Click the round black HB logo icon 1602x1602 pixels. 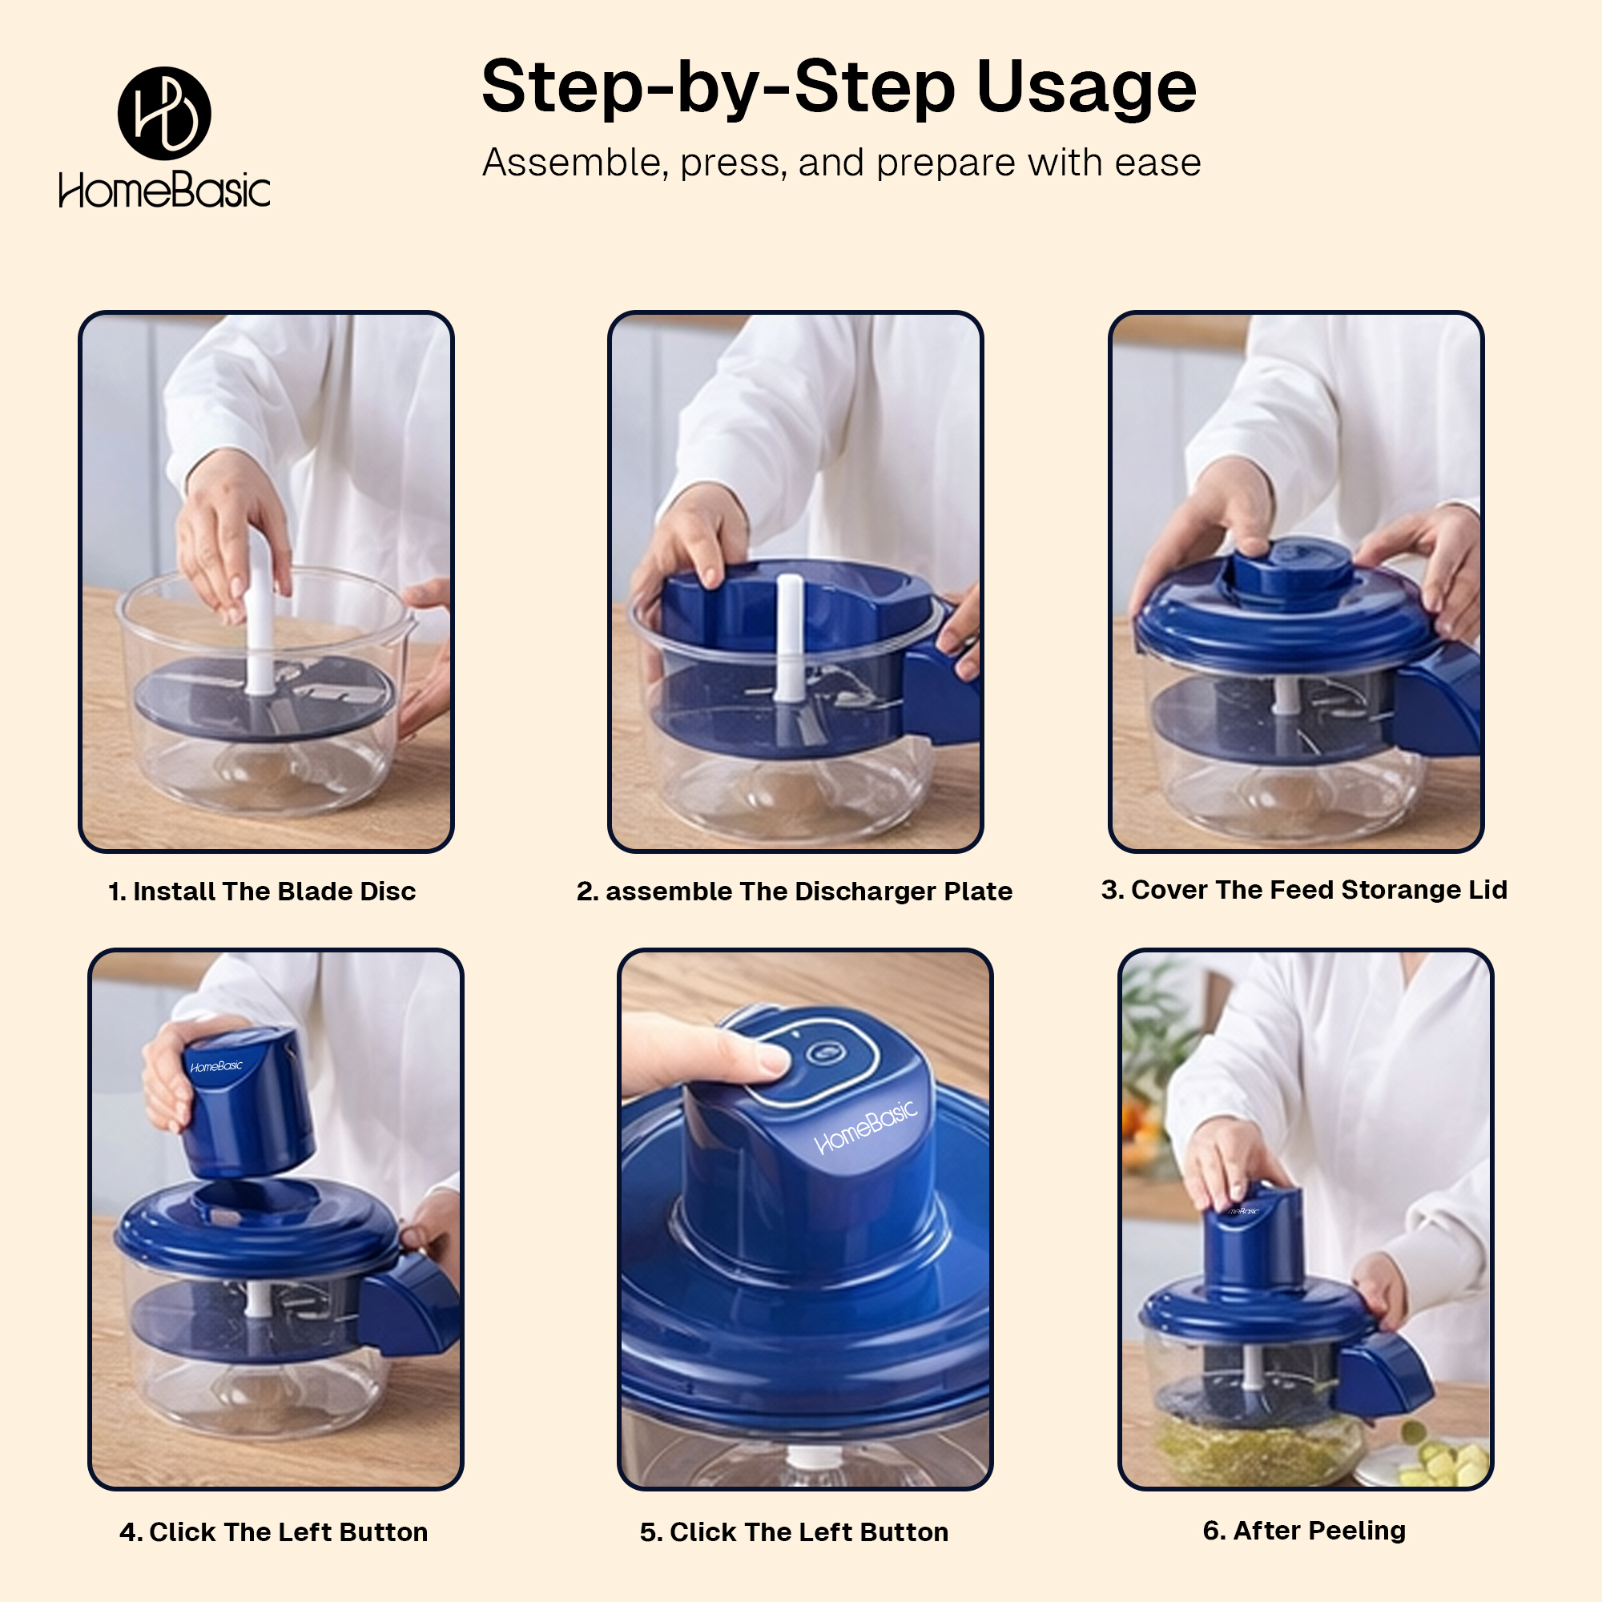164,114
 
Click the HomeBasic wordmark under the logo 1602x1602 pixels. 164,190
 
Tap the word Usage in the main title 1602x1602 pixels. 1086,87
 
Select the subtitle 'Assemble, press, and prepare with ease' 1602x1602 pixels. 842,163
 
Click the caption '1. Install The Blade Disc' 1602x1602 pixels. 262,892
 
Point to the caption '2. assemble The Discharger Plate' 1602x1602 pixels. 795,892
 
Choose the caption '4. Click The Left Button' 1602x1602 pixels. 274,1532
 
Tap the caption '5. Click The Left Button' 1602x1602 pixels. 794,1532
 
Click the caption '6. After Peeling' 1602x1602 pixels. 1303,1531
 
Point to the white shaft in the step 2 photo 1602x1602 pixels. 788,638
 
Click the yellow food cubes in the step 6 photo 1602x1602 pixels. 1443,1463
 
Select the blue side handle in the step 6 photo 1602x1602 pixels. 1385,1376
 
